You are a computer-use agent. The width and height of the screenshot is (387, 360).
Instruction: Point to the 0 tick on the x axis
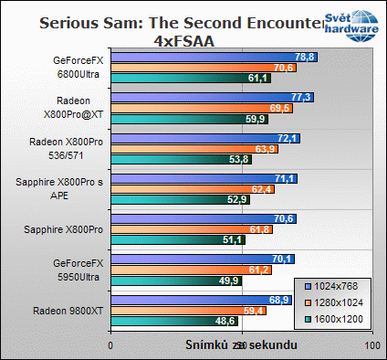click(x=110, y=347)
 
